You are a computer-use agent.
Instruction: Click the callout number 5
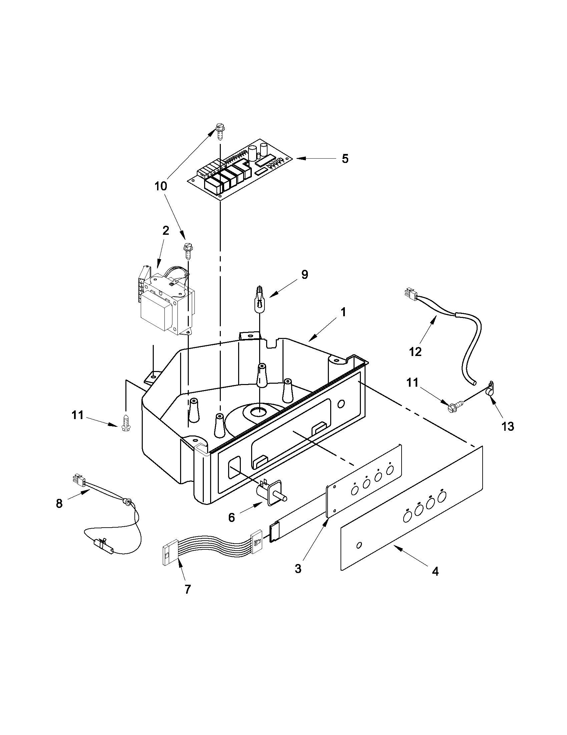345,159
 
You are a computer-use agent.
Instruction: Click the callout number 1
343,312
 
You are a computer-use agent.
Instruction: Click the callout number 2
166,231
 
